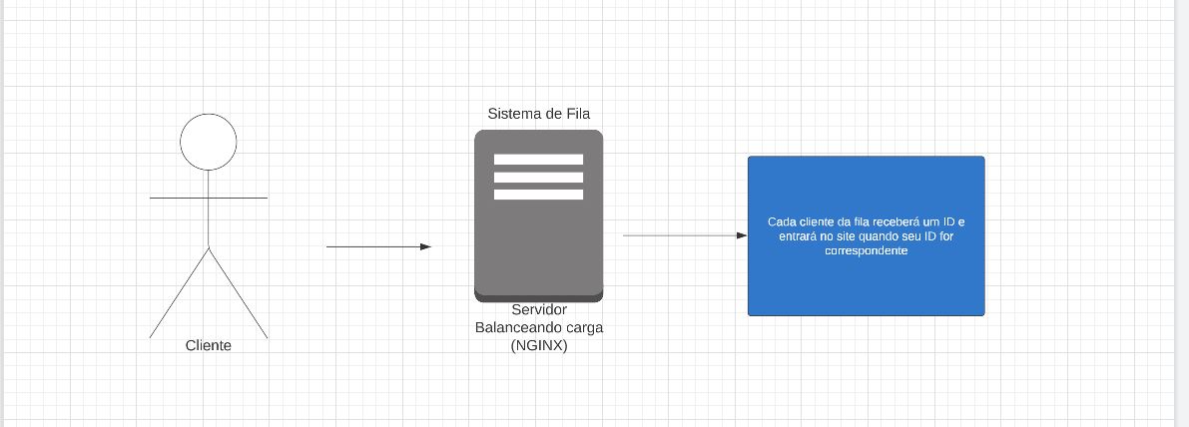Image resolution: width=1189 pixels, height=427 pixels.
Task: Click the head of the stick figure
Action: [x=209, y=141]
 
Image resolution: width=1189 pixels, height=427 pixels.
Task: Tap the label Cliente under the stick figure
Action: [x=209, y=345]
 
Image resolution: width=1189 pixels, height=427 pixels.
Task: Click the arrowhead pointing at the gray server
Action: [x=426, y=246]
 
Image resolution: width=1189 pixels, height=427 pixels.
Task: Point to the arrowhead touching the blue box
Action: [x=742, y=235]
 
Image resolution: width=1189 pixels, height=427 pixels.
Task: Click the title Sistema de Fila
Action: [x=538, y=114]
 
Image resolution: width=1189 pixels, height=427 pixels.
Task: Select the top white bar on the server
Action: [x=538, y=160]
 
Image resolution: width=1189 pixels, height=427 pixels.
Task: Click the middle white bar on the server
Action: [x=538, y=178]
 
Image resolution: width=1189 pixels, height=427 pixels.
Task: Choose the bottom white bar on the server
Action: [x=538, y=195]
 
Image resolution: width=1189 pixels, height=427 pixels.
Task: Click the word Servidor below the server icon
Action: [x=539, y=310]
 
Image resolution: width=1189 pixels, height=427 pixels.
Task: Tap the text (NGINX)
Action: [x=539, y=345]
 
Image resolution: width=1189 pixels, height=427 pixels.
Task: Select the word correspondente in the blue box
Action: [x=866, y=252]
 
